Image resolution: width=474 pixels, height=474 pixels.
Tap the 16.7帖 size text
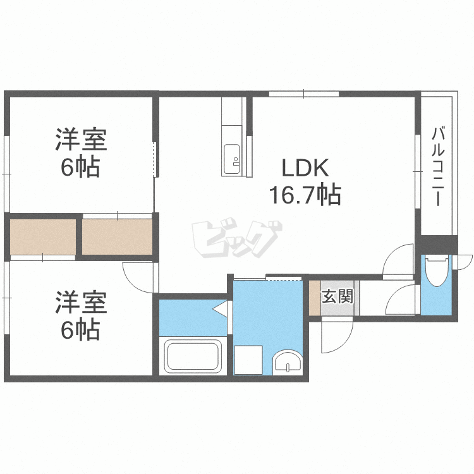305,195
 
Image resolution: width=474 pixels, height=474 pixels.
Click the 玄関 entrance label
337,296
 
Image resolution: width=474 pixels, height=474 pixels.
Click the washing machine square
248,360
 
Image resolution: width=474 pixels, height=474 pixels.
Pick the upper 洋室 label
80,140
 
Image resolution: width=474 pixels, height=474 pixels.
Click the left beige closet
42,236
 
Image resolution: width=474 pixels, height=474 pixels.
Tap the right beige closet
118,236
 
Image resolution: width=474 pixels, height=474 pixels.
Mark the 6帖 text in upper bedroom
80,167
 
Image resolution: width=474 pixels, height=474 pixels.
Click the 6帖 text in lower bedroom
80,330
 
